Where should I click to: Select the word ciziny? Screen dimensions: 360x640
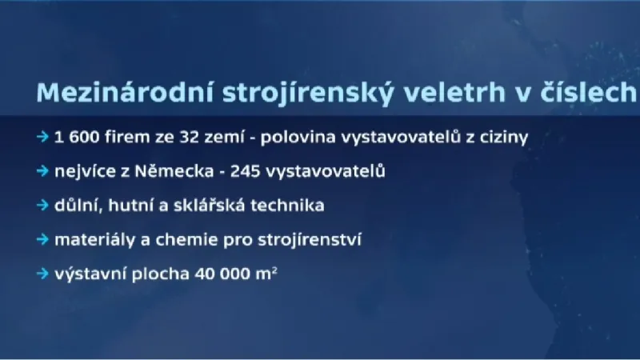[x=502, y=137]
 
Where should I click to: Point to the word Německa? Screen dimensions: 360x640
[x=158, y=171]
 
